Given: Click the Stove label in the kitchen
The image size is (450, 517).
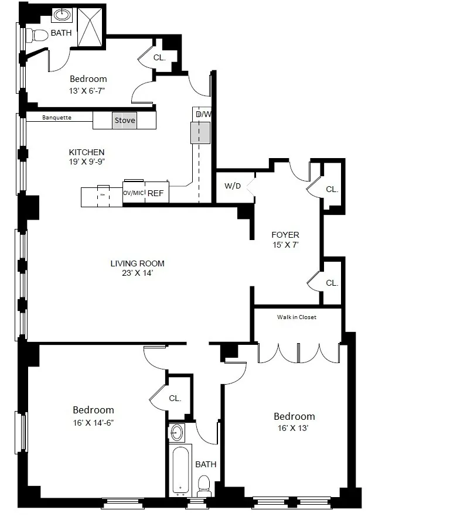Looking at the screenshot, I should [125, 121].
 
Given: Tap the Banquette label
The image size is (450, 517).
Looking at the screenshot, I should [57, 118].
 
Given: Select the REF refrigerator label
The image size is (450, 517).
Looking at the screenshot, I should [155, 193].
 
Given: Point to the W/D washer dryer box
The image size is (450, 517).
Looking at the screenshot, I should [233, 187].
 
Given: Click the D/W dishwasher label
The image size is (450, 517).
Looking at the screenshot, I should [203, 114].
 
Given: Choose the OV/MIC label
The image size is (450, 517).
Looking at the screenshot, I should [134, 193].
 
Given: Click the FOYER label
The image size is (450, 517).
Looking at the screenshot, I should [285, 235].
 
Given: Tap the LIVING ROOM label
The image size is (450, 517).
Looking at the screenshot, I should [137, 263].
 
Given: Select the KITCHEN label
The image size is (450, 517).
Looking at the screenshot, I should [87, 152].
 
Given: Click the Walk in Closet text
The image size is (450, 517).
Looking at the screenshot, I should [296, 317].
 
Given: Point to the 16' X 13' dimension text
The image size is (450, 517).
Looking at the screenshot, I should [295, 428].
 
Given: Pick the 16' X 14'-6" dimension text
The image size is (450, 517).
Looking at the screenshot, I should [94, 422].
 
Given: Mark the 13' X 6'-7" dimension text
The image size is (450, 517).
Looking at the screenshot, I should [88, 90].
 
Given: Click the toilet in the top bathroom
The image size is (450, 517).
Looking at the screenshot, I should [38, 35].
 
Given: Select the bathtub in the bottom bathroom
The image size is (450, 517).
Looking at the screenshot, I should [182, 469].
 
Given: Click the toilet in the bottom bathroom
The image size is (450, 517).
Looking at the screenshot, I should [203, 484].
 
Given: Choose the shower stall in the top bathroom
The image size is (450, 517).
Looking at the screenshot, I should [91, 26].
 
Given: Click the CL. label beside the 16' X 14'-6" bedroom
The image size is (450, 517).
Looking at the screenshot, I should [175, 398].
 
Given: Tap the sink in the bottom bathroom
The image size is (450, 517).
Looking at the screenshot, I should [178, 433].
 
